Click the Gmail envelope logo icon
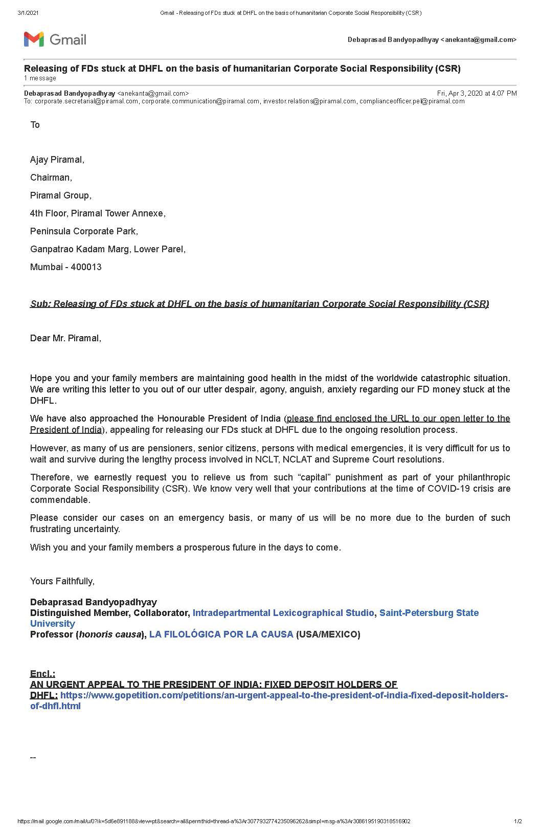(34, 39)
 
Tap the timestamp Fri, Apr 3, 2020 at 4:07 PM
(477, 93)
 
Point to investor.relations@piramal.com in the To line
(309, 101)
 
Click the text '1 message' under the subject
(40, 78)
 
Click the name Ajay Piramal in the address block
(57, 160)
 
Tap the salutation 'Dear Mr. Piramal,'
(65, 338)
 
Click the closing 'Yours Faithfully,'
(62, 581)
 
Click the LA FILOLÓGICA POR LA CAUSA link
(221, 634)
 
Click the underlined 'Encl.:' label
(42, 674)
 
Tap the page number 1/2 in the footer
(518, 822)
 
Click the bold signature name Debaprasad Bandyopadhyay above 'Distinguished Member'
(94, 602)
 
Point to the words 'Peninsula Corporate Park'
(83, 231)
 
